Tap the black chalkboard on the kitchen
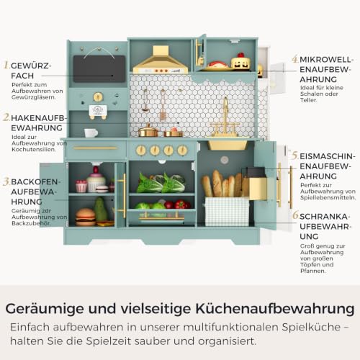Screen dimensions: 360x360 [99, 69]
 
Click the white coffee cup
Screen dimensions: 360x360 [91, 132]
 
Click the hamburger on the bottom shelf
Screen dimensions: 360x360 [86, 217]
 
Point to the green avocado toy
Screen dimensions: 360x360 [100, 210]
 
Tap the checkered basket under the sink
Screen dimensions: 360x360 [227, 212]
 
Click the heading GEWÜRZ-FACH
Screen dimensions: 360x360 [31, 71]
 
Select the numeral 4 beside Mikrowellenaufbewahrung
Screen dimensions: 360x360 [295, 59]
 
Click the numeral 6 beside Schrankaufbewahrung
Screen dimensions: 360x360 [296, 215]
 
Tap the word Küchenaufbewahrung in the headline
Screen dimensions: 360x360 [275, 309]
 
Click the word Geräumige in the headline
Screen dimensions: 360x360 [45, 309]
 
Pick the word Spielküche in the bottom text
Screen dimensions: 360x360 [311, 328]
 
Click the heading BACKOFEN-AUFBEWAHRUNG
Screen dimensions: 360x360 [35, 192]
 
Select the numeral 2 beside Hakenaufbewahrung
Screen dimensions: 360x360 [6, 117]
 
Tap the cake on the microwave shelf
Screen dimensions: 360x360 [240, 61]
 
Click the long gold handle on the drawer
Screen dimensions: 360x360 [95, 148]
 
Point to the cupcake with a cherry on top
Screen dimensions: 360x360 [96, 179]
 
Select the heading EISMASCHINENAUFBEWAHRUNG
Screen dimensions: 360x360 [327, 166]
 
